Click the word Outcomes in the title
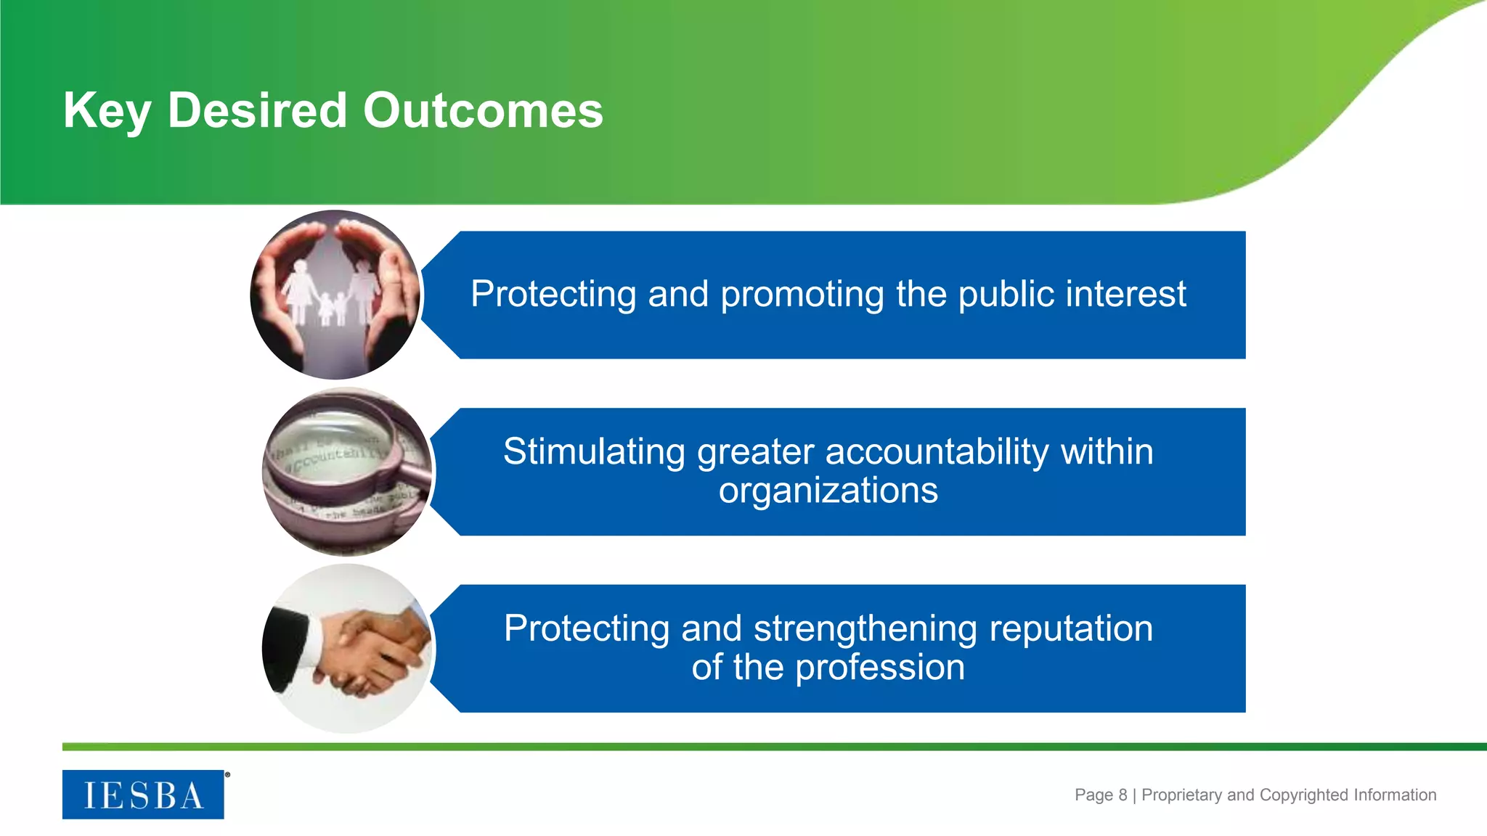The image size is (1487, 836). [483, 110]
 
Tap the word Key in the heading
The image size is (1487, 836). [107, 110]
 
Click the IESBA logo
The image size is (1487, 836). [143, 795]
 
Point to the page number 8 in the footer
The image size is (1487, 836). [1123, 795]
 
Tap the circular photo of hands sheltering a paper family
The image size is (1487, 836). [335, 295]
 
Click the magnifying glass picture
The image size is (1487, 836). [347, 472]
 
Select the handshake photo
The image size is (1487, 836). [347, 648]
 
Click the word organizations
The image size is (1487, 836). [828, 491]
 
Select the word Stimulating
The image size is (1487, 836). [594, 452]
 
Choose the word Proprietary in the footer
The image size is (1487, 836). [1182, 795]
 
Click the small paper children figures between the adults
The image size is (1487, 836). [332, 308]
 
